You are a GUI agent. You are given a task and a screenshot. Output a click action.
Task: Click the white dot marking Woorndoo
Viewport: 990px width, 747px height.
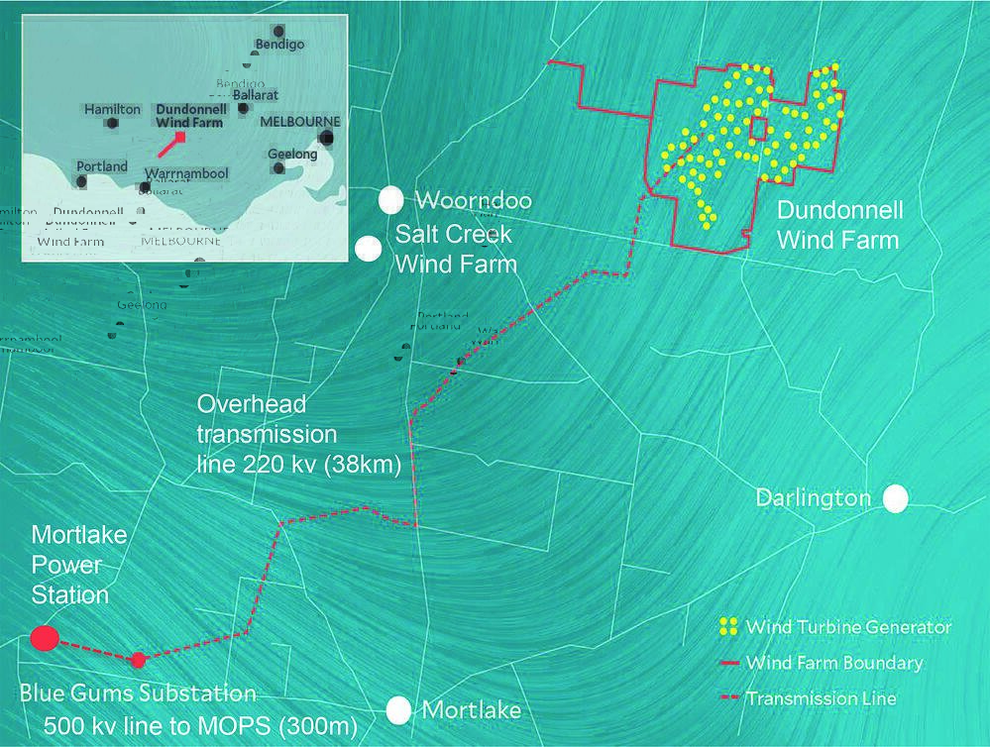click(x=391, y=199)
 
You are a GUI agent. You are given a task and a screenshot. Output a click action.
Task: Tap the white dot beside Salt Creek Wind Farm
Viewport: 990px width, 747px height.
click(x=370, y=249)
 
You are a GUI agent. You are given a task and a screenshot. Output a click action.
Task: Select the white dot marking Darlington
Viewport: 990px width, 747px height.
click(x=896, y=498)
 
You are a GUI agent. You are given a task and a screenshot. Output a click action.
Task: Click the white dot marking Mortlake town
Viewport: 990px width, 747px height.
click(x=398, y=709)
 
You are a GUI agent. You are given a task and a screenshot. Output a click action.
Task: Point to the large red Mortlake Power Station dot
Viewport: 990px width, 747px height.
click(x=44, y=638)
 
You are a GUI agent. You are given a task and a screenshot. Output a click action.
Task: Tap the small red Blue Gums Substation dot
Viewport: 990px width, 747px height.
click(x=139, y=659)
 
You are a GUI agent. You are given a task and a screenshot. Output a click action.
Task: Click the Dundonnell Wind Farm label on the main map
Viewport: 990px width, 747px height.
click(x=837, y=225)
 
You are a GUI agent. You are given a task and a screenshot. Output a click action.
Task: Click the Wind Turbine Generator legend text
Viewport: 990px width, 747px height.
click(x=848, y=627)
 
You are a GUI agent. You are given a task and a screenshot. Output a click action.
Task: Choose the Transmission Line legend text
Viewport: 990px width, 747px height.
click(x=821, y=698)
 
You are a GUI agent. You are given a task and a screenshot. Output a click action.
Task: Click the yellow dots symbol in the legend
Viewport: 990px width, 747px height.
click(x=729, y=627)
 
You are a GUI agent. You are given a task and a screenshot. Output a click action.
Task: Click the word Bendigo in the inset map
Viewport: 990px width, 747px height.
click(x=279, y=45)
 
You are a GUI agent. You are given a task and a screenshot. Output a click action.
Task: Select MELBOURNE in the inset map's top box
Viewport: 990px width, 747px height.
click(x=299, y=121)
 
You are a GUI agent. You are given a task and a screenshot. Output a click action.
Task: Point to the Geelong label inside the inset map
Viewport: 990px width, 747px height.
click(x=293, y=154)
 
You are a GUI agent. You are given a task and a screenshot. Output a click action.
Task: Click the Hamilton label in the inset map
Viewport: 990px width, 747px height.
click(x=112, y=109)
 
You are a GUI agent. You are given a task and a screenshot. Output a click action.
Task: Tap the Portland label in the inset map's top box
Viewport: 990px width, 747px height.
click(x=102, y=165)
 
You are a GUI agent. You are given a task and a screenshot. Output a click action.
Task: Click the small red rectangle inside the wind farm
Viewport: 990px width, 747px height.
click(x=758, y=129)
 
